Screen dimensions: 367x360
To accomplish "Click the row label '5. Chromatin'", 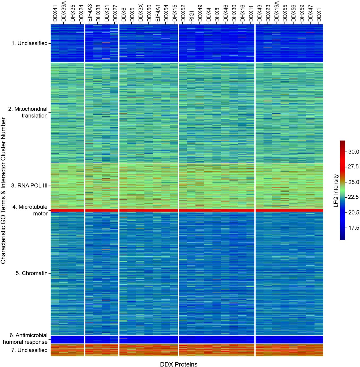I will [32, 273].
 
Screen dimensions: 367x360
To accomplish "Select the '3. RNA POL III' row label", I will [29, 186].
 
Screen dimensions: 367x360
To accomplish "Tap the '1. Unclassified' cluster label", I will [30, 43].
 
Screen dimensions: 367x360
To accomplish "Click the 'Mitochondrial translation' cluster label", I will [28, 112].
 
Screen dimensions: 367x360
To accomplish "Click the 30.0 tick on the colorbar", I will [353, 152].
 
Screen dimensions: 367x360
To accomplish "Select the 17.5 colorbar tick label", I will [353, 228].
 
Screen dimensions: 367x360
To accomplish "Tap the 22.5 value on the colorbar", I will [353, 197].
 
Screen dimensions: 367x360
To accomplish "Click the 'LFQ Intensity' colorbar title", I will [336, 190].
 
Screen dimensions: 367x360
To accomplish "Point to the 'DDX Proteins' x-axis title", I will [179, 364].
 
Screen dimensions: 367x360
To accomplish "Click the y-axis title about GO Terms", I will [3, 191].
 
